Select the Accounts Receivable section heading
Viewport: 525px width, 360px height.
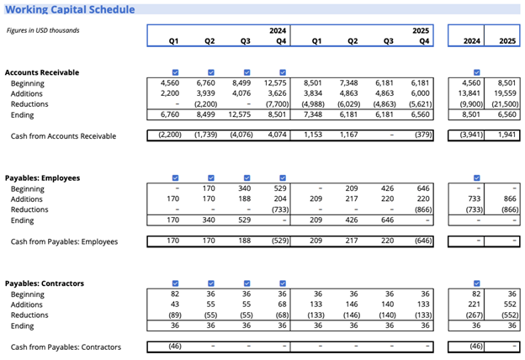(x=42, y=72)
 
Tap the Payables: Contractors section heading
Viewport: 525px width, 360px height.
(x=45, y=283)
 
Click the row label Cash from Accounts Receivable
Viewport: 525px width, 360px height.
(x=63, y=135)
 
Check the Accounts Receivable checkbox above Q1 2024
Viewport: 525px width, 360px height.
(x=174, y=72)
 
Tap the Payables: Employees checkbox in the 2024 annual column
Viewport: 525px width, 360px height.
(x=476, y=177)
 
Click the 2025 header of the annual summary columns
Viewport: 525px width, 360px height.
(x=507, y=40)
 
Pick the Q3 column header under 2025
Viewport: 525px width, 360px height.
(x=389, y=40)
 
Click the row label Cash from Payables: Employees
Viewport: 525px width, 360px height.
(x=64, y=241)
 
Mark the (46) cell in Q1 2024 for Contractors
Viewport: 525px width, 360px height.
(x=174, y=347)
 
